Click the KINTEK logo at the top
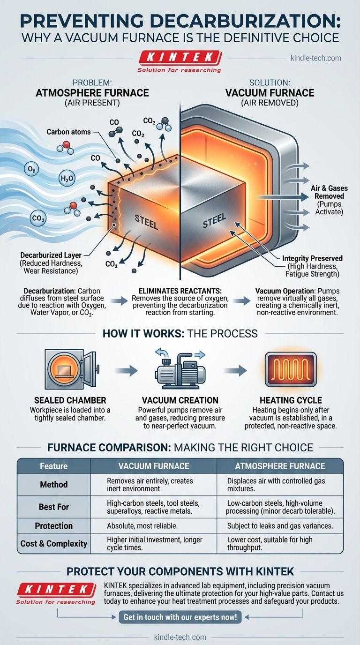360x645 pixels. [180, 59]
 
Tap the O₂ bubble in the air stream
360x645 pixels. [32, 169]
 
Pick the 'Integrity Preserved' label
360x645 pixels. [312, 258]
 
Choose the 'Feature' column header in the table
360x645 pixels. [53, 466]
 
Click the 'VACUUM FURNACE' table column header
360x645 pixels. [153, 466]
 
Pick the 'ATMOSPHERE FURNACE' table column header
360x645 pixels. [280, 466]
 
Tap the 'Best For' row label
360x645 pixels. [53, 507]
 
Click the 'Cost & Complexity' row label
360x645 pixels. [54, 544]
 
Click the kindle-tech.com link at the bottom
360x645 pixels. [180, 637]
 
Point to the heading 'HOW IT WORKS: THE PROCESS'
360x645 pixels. [180, 333]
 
